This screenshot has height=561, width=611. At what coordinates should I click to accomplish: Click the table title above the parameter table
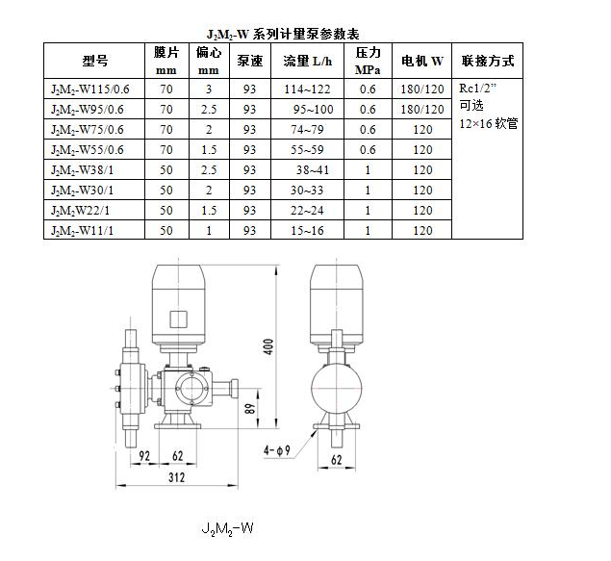(283, 35)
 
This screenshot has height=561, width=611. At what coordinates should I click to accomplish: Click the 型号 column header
(94, 61)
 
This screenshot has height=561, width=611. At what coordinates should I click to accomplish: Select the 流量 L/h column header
(308, 61)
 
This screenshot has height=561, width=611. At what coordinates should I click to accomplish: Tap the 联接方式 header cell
(488, 61)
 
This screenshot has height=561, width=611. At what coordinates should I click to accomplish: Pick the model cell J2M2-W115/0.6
(90, 89)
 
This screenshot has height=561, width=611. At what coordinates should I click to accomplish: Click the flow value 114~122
(307, 89)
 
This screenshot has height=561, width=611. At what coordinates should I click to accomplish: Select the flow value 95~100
(314, 110)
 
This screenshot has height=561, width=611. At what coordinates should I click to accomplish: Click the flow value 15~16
(307, 231)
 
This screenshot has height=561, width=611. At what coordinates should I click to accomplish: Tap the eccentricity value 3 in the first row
(209, 89)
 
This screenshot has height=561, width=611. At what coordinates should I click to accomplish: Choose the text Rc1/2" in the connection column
(477, 88)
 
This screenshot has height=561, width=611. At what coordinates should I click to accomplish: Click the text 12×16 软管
(488, 124)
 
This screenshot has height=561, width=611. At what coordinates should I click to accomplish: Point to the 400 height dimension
(268, 346)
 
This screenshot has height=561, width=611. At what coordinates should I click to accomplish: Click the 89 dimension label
(250, 407)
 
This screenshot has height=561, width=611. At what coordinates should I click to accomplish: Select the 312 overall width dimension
(176, 477)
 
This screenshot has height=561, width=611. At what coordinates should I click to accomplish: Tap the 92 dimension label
(144, 456)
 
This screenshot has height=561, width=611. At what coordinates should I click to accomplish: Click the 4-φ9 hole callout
(277, 450)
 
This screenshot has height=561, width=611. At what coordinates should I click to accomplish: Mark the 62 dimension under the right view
(336, 460)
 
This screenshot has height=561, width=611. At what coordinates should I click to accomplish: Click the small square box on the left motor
(178, 319)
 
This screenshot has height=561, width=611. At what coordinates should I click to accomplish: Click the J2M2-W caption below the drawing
(228, 529)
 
